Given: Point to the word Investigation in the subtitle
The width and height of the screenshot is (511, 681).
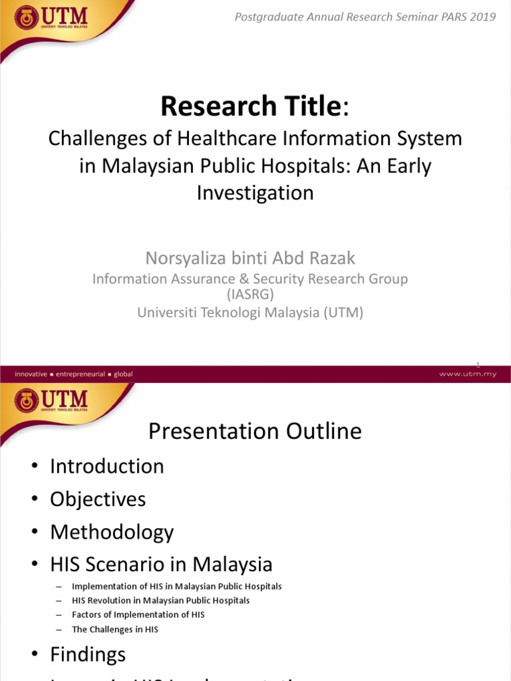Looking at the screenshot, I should [255, 193].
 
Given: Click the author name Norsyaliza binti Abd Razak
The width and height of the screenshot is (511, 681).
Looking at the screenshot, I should [250, 257].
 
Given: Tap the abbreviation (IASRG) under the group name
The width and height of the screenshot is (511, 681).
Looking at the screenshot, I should [250, 294].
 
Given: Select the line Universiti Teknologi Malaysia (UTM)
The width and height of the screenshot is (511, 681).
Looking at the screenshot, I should [250, 313].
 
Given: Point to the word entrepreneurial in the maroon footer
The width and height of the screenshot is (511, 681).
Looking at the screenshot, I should [81, 374].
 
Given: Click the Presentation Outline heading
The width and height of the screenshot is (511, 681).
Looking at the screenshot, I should [255, 432].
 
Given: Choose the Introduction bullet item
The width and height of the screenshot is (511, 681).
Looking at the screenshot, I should [106, 466].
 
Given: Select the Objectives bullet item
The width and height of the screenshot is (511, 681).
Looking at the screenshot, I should [98, 499].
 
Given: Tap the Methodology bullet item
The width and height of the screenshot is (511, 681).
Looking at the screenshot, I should [112, 532].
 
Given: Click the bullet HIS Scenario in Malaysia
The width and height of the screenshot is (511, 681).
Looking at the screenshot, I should [161, 565].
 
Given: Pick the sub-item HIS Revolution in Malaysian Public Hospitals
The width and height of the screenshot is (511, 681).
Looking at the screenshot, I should [161, 601].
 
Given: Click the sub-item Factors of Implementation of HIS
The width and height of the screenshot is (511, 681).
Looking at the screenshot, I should [138, 614].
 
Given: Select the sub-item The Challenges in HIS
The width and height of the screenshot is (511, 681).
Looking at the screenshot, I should [115, 629].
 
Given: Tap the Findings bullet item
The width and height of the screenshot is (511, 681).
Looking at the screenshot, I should [88, 654].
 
